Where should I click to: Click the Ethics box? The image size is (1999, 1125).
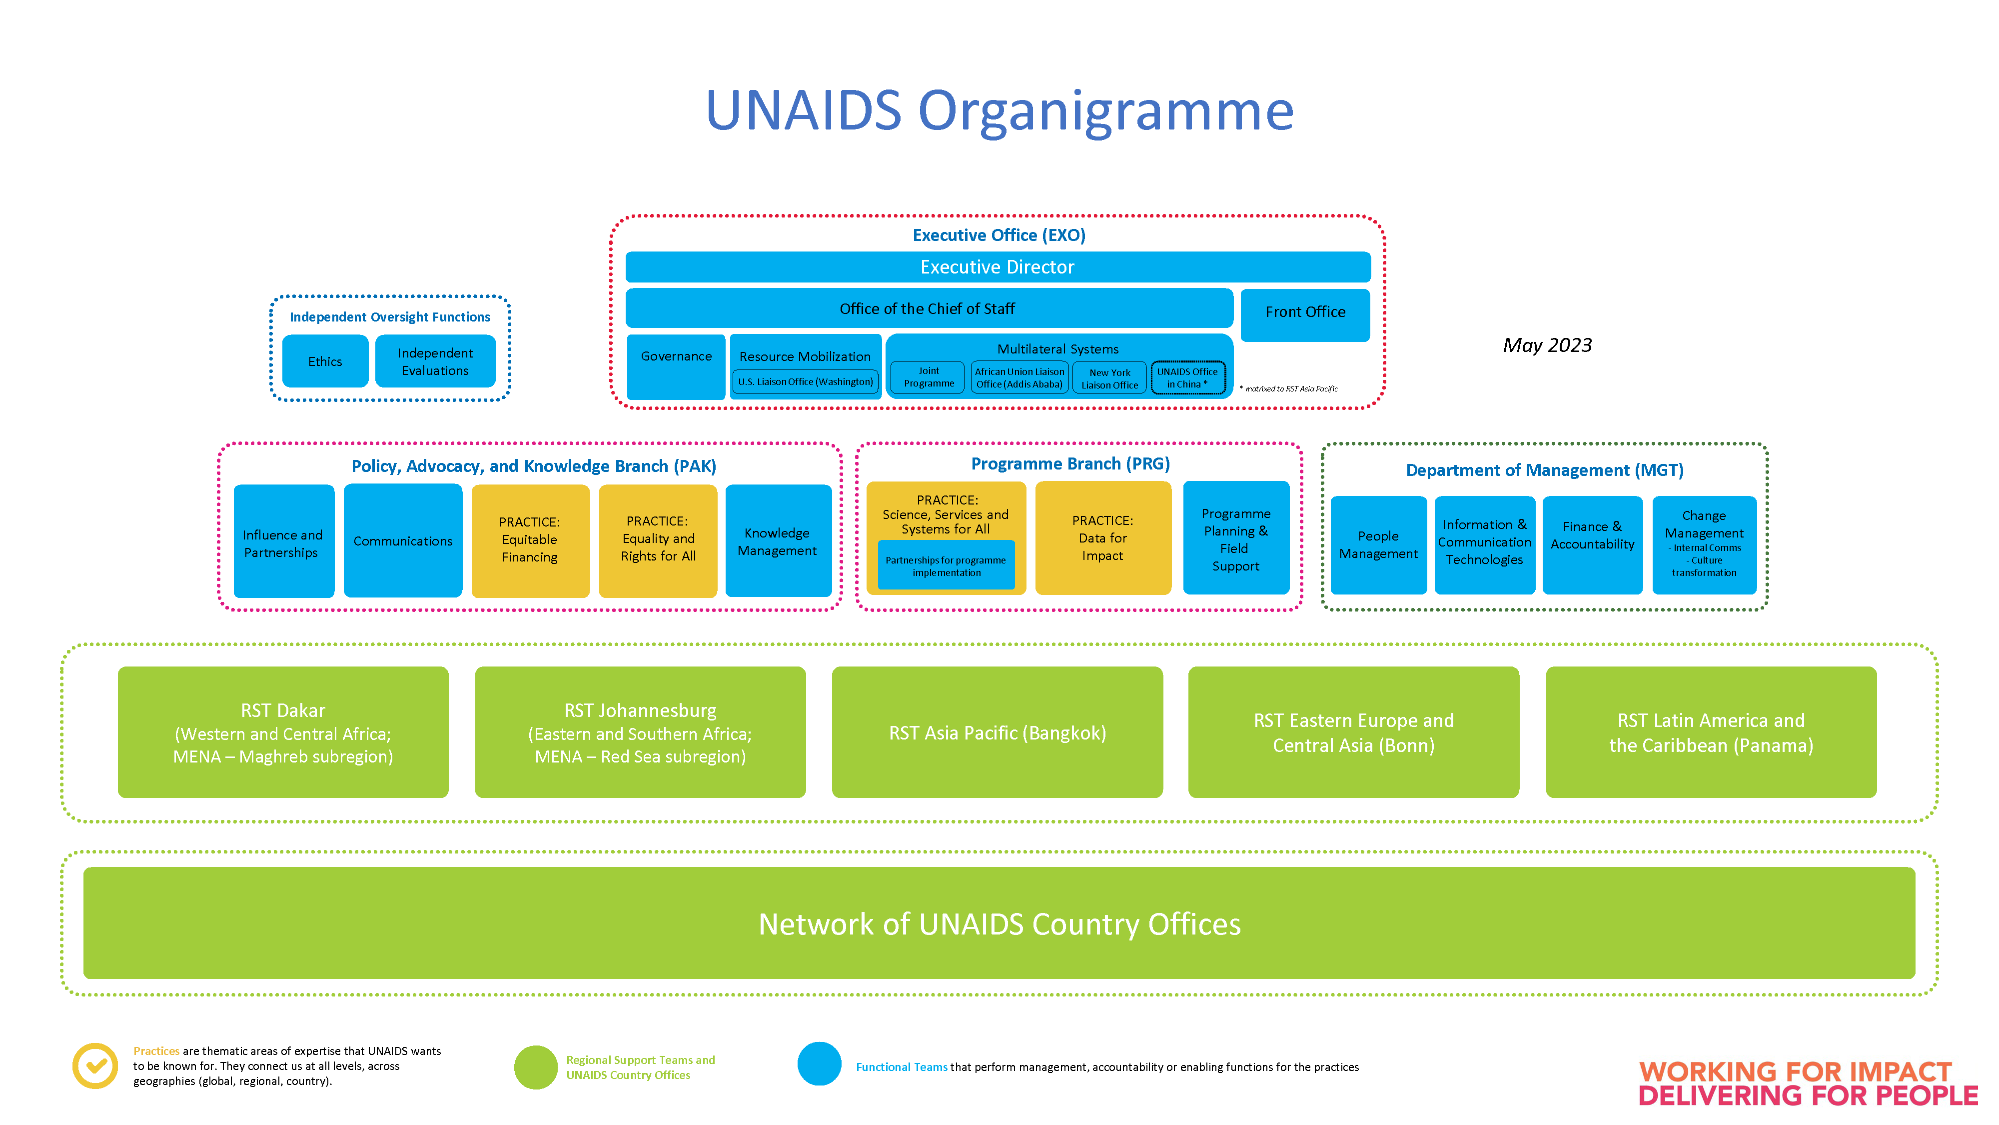[x=325, y=361]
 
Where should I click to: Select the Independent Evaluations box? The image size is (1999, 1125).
[x=435, y=361]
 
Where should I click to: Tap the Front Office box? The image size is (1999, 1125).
[x=1305, y=315]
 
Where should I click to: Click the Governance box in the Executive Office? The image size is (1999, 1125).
[x=676, y=366]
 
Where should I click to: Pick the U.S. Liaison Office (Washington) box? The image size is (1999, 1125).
[x=806, y=381]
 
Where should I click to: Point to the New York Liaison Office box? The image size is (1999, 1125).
[x=1109, y=378]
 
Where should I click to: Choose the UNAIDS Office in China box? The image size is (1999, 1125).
[x=1187, y=378]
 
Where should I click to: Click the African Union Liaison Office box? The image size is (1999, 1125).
[x=1019, y=378]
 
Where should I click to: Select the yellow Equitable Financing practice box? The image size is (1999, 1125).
[x=531, y=540]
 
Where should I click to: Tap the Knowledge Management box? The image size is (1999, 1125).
[x=778, y=540]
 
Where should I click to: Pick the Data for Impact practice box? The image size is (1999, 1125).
[x=1103, y=538]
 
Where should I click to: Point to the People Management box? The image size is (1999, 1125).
[x=1378, y=545]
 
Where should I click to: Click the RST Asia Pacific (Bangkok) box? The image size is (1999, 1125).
[x=997, y=732]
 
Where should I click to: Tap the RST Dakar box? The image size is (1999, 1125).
[x=283, y=732]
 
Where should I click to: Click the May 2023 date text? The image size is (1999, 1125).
[x=1547, y=345]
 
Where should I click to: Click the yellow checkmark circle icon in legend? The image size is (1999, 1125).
[x=95, y=1066]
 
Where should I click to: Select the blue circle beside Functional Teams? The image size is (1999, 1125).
[x=820, y=1063]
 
